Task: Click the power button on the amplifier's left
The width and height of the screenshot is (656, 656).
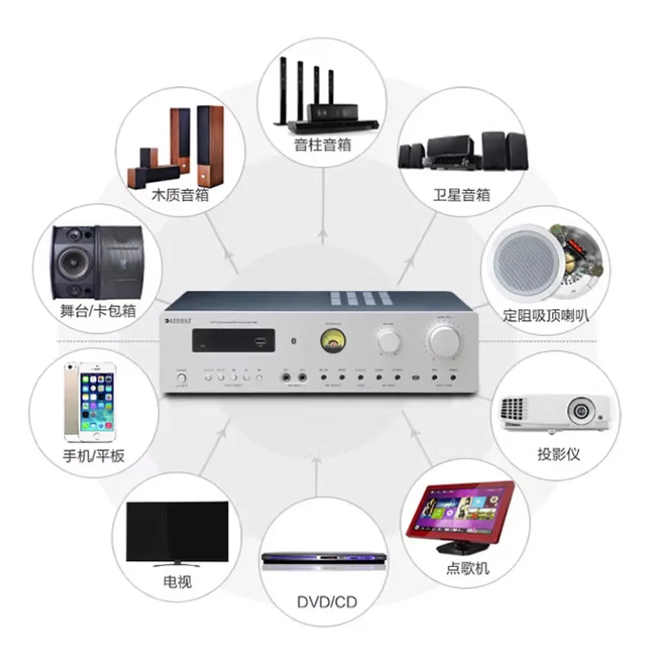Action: (180, 379)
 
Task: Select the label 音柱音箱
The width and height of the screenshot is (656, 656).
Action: (322, 144)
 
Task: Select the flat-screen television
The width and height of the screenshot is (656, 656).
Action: (177, 531)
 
